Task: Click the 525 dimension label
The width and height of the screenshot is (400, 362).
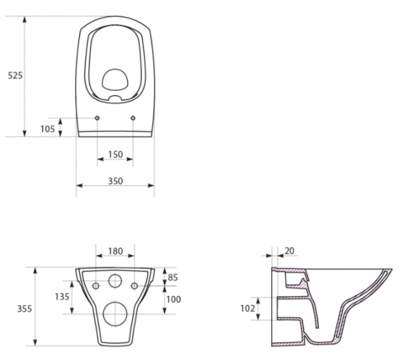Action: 15,75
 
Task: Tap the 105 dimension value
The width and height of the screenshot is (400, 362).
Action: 48,129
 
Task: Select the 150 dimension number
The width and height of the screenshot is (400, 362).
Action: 116,154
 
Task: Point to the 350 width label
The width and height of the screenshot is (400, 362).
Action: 116,181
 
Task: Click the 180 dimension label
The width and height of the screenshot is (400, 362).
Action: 116,251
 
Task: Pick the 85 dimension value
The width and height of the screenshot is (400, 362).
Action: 173,277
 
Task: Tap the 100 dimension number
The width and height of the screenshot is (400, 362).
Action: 174,299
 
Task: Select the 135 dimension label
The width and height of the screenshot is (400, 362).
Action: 62,297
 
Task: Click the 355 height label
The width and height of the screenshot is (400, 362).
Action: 25,309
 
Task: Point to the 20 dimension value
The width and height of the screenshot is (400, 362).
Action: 289,251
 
